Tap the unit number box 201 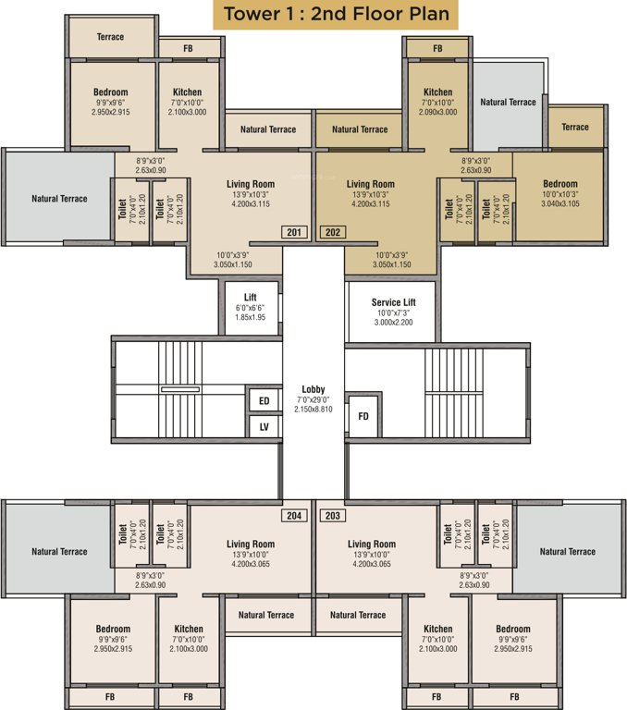294,232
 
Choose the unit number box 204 294,515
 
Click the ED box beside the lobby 264,400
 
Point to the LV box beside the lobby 264,426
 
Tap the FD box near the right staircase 363,417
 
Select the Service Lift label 393,302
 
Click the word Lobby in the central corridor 313,389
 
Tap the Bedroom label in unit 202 559,184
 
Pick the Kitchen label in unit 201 188,92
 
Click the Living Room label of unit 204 252,545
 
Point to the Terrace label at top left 111,37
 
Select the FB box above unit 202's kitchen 436,47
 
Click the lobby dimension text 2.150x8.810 313,410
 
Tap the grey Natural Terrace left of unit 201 59,199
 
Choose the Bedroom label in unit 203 512,629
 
